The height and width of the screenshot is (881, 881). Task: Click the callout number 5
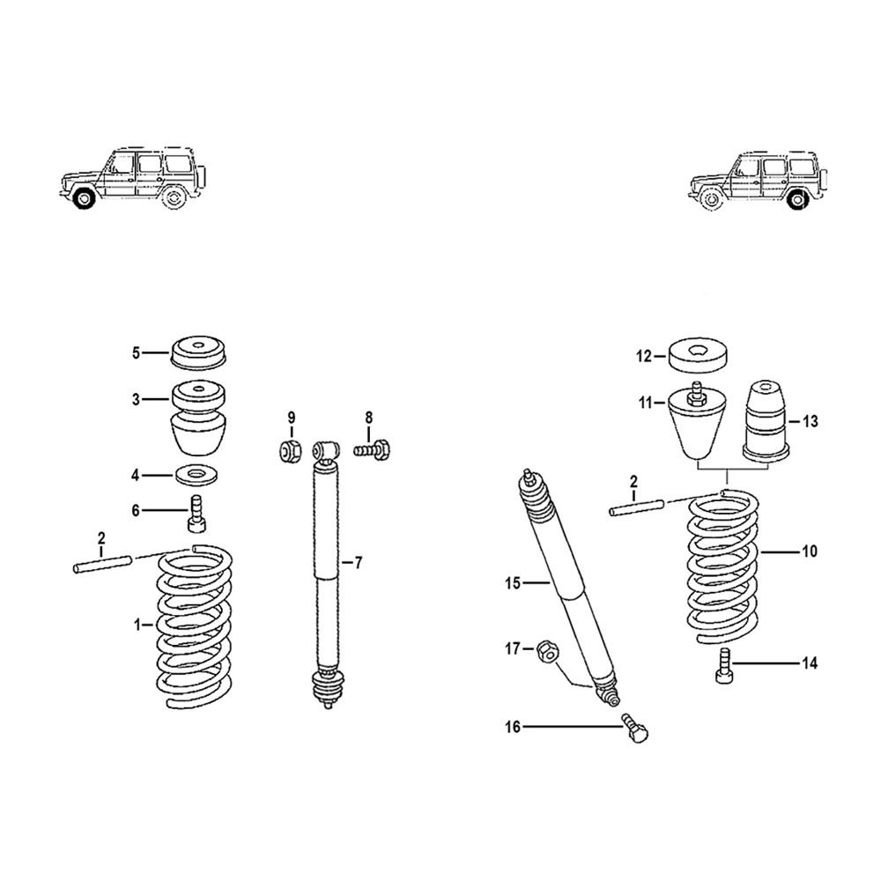pyautogui.click(x=136, y=353)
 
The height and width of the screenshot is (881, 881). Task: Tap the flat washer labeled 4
pyautogui.click(x=196, y=475)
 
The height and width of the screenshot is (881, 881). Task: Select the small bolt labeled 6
pyautogui.click(x=196, y=513)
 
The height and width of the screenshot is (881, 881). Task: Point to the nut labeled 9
pyautogui.click(x=290, y=450)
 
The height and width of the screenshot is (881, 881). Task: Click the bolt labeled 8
pyautogui.click(x=372, y=449)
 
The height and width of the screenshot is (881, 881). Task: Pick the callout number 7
pyautogui.click(x=359, y=562)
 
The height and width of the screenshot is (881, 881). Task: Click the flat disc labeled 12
pyautogui.click(x=696, y=356)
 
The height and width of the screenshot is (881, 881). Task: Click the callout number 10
pyautogui.click(x=809, y=552)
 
